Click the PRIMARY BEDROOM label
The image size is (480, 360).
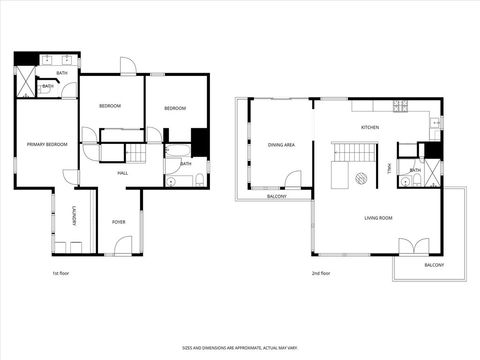47,144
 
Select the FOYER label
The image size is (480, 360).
119,221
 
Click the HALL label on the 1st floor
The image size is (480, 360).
122,173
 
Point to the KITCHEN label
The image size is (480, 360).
370,127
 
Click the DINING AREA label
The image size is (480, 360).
281,145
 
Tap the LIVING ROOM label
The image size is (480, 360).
377,217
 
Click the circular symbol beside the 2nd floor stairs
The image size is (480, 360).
361,180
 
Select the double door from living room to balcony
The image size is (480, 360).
413,246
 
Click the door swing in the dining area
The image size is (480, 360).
293,180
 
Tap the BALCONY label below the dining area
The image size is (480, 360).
276,196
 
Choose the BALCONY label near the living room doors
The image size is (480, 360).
434,265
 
